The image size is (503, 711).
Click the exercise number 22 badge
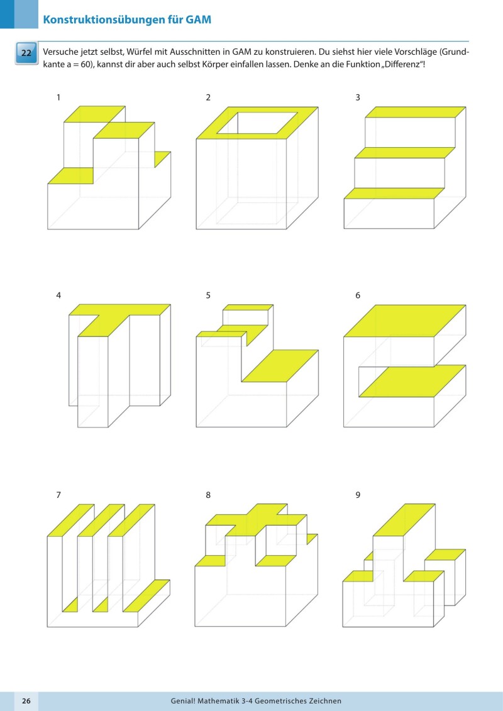(x=26, y=53)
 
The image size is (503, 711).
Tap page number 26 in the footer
(x=26, y=700)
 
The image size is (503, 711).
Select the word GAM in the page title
(x=198, y=19)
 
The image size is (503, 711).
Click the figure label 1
(x=58, y=97)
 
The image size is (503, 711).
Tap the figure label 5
(x=208, y=295)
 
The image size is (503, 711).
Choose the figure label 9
(x=358, y=495)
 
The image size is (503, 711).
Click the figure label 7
(x=58, y=495)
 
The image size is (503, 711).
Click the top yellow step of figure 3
(x=415, y=112)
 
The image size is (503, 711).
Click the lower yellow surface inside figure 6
(x=412, y=381)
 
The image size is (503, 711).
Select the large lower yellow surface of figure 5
(x=280, y=366)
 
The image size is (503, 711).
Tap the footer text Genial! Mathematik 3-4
(x=226, y=700)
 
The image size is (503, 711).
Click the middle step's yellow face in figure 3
(x=404, y=153)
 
